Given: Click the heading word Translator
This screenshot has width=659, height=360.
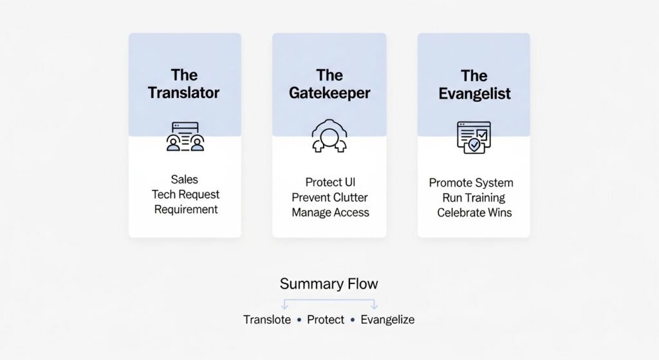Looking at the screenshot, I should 184,93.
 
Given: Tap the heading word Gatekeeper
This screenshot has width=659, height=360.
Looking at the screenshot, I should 329,93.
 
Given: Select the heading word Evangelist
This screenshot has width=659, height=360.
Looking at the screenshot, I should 474,93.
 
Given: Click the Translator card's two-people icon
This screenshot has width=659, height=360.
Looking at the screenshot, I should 185,137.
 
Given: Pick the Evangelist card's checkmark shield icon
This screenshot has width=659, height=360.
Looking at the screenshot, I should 474,137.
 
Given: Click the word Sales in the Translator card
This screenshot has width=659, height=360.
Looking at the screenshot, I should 185,179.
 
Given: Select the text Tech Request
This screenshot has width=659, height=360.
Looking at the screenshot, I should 185,194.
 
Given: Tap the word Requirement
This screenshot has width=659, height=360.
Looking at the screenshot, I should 185,209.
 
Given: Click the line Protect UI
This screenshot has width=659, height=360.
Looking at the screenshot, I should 329,182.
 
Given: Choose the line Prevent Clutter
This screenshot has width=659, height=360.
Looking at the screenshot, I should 330,197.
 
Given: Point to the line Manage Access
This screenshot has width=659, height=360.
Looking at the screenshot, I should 330,213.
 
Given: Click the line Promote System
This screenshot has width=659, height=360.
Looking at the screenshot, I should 471,182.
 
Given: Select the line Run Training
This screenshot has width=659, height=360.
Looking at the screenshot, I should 474,198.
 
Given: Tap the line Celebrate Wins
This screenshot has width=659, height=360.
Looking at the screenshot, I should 474,213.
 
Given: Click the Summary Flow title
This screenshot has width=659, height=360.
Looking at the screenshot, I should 329,283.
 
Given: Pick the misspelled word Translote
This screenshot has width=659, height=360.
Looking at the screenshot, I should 267,319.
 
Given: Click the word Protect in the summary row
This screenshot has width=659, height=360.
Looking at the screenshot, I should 326,319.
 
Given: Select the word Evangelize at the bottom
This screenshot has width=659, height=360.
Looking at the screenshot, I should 387,319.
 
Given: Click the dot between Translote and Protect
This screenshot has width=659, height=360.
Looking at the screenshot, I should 299,320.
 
